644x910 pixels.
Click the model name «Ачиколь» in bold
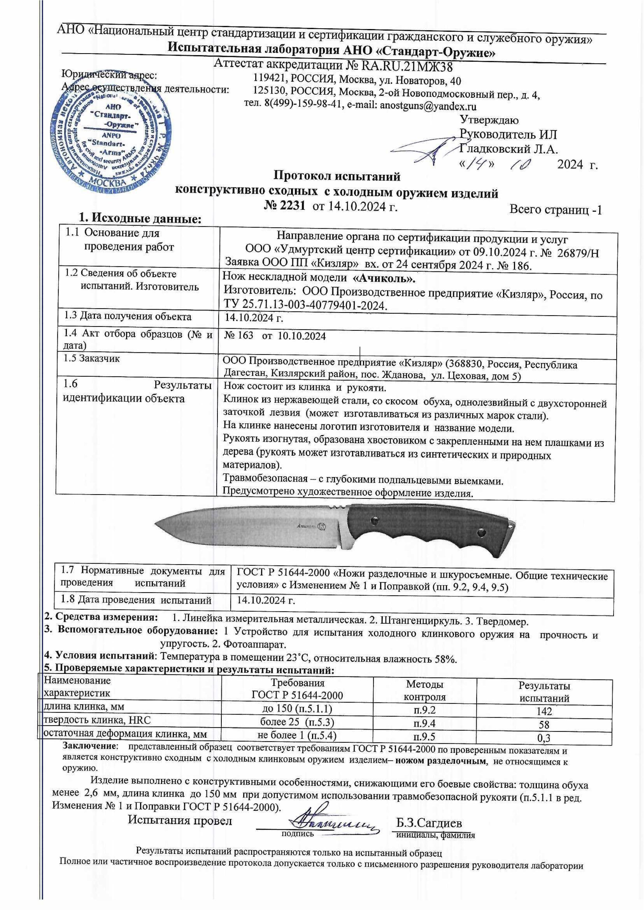[x=384, y=278]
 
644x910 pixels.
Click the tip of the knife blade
[x=156, y=525]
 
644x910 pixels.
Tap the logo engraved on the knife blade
[x=322, y=527]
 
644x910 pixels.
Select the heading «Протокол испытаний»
[x=337, y=176]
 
